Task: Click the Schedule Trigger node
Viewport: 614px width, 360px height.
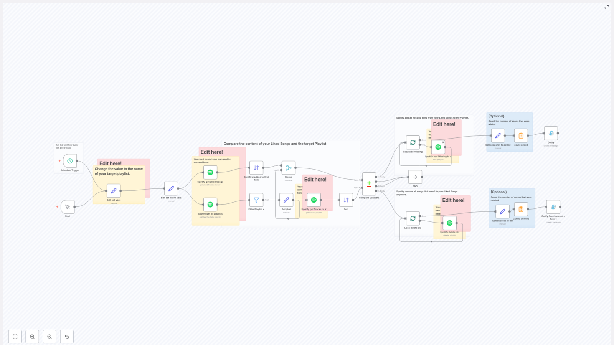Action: (70, 161)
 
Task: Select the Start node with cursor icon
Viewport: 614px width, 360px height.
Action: (68, 207)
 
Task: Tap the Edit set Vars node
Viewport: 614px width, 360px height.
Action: (114, 191)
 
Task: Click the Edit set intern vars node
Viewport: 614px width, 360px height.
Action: (171, 188)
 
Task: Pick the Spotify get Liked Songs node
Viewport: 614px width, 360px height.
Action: (210, 172)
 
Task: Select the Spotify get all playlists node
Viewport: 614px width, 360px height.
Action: (210, 205)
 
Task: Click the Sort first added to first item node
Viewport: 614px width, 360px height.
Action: (256, 168)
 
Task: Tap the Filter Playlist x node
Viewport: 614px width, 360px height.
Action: (256, 200)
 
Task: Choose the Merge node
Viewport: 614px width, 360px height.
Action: (289, 168)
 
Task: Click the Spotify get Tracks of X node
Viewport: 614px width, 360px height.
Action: (314, 200)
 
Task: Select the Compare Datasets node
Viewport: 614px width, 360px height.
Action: (369, 183)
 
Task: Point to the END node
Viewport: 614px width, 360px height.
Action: (415, 177)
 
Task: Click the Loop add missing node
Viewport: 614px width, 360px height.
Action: (413, 142)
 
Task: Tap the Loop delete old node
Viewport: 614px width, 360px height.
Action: (413, 218)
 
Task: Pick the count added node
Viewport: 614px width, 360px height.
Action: (521, 135)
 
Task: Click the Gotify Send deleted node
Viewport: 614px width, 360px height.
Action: (553, 207)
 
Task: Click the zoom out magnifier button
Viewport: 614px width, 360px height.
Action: (50, 337)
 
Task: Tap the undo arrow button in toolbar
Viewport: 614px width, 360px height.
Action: (67, 337)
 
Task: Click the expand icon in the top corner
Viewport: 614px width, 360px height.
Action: (607, 7)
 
